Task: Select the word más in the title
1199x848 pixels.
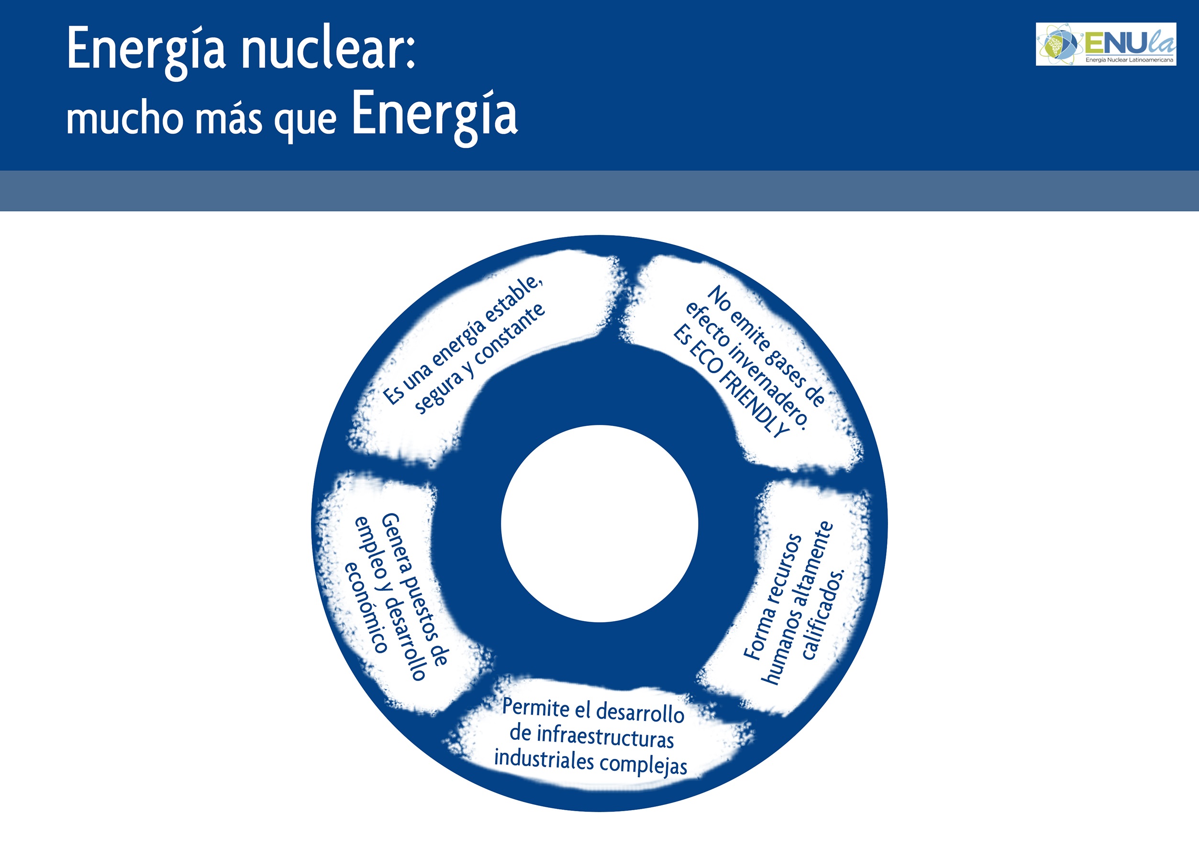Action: click(229, 119)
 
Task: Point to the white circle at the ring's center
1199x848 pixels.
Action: click(599, 524)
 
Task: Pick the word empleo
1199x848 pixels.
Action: click(370, 548)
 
